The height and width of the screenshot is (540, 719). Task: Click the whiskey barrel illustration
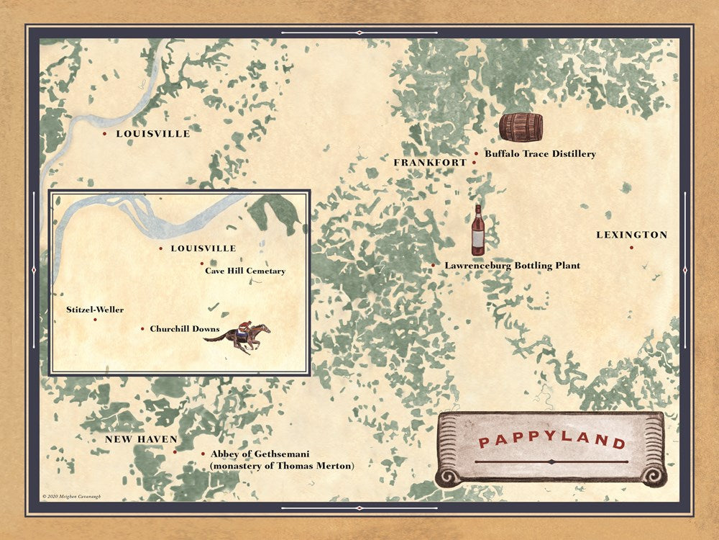coord(521,127)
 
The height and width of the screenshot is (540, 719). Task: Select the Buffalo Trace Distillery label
coord(540,153)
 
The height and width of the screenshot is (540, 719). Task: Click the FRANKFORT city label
coord(430,163)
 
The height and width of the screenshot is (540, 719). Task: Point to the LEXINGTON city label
coord(632,235)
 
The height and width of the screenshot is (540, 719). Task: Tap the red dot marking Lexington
coord(631,248)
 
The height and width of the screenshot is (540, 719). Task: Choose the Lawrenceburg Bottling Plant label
coord(512,266)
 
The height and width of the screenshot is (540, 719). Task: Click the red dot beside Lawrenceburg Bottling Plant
coord(433,266)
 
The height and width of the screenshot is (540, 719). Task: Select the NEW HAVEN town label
coord(141,439)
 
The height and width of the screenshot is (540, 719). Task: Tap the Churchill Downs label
coord(185,329)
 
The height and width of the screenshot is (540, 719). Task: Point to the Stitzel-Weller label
coord(94,310)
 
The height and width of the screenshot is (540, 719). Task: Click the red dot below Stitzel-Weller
coord(95,320)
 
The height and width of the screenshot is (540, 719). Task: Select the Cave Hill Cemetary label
coord(245,271)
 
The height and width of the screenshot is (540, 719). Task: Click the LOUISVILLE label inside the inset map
coord(203,248)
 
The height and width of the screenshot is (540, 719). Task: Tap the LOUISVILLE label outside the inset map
coord(153,134)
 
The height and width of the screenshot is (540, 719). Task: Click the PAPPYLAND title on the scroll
coord(551,441)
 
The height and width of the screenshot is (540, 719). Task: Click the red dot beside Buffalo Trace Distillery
coord(476,153)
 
